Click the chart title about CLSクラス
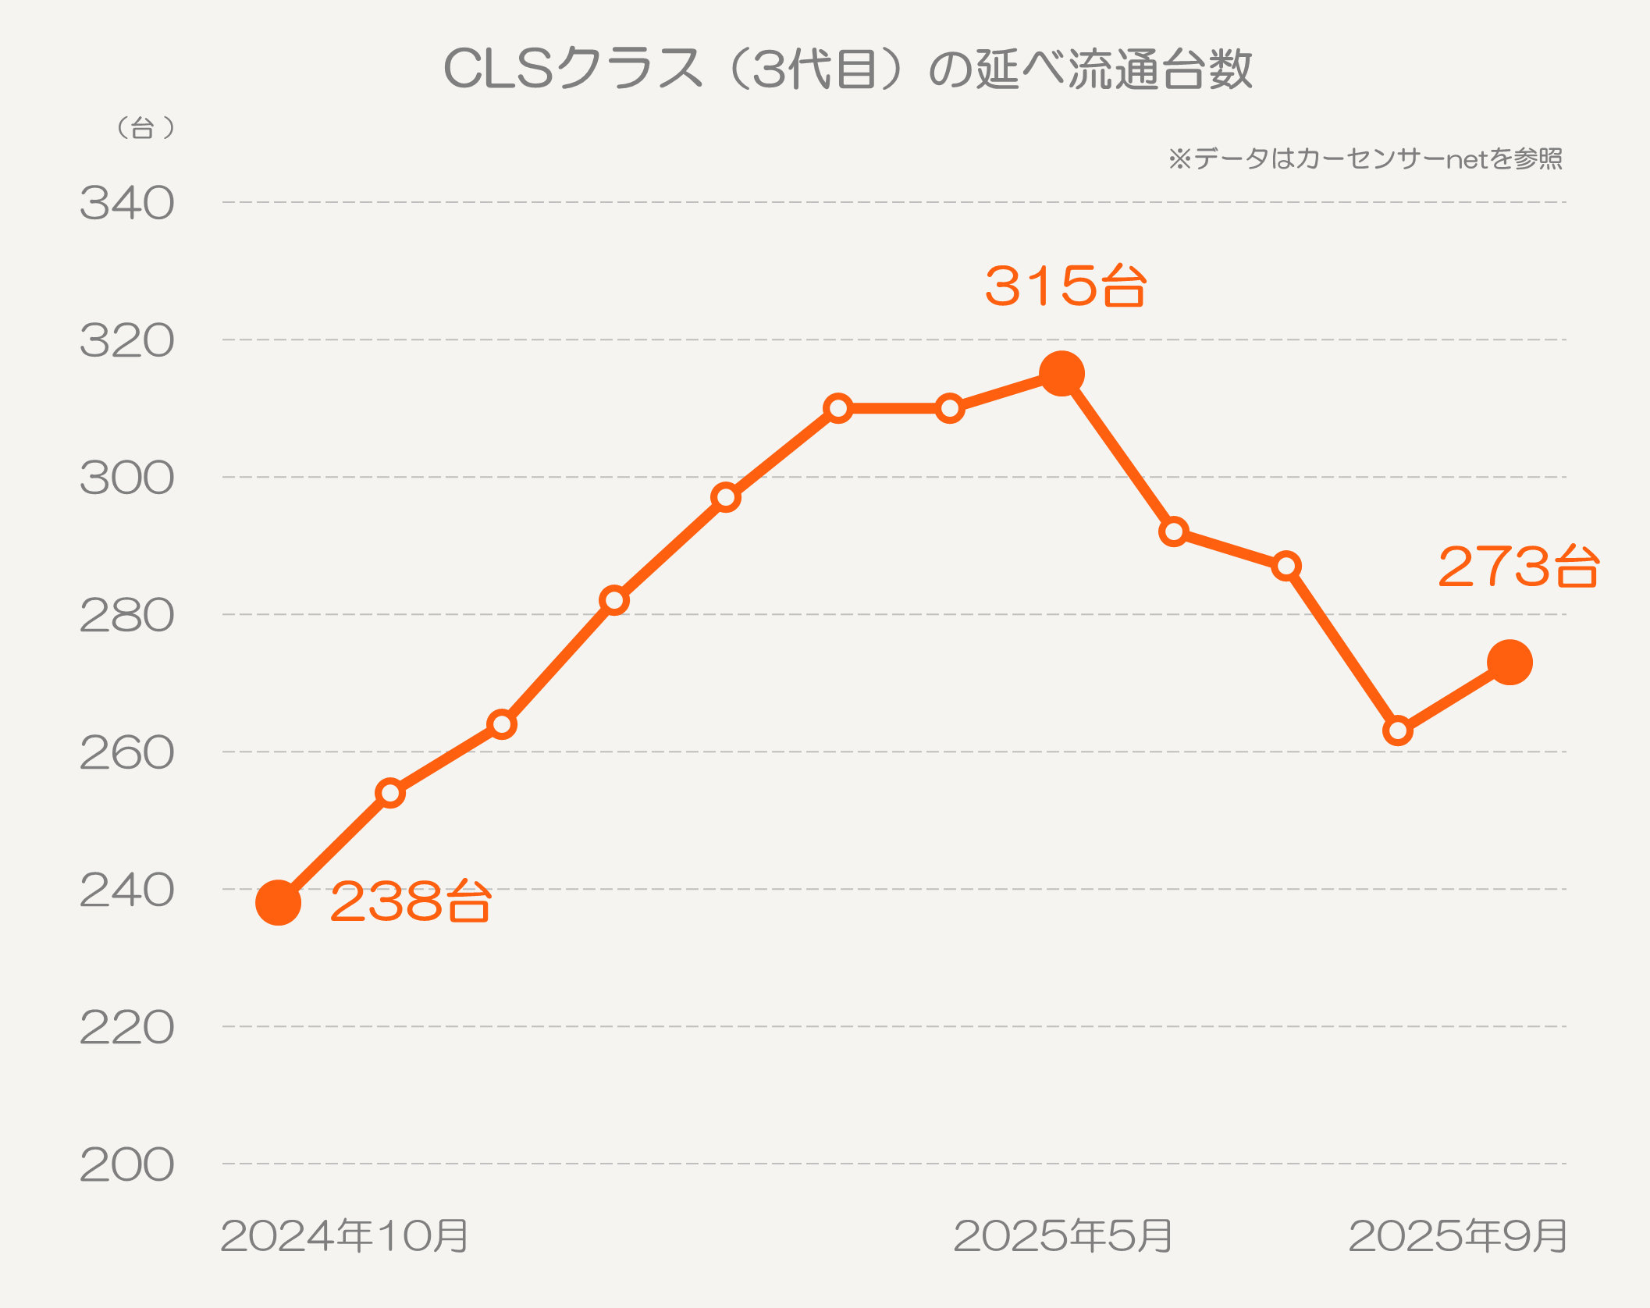click(x=848, y=69)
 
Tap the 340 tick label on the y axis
click(x=127, y=204)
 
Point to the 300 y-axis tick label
click(x=127, y=478)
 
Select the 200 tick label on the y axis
click(x=127, y=1165)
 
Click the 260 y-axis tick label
click(x=127, y=753)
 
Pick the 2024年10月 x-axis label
click(x=344, y=1236)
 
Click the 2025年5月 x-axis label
click(x=1063, y=1236)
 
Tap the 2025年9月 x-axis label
click(x=1458, y=1236)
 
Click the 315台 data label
click(x=1065, y=286)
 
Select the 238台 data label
click(x=411, y=902)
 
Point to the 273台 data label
click(x=1519, y=567)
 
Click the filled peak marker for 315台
click(x=1062, y=374)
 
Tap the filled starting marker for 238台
click(x=279, y=903)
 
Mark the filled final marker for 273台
click(x=1510, y=663)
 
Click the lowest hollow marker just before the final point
click(x=1398, y=731)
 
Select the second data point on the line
click(x=390, y=794)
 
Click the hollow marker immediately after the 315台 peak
click(x=1174, y=532)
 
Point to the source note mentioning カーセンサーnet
click(x=1365, y=159)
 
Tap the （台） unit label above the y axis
click(x=144, y=128)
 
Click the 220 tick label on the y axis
click(x=127, y=1028)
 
